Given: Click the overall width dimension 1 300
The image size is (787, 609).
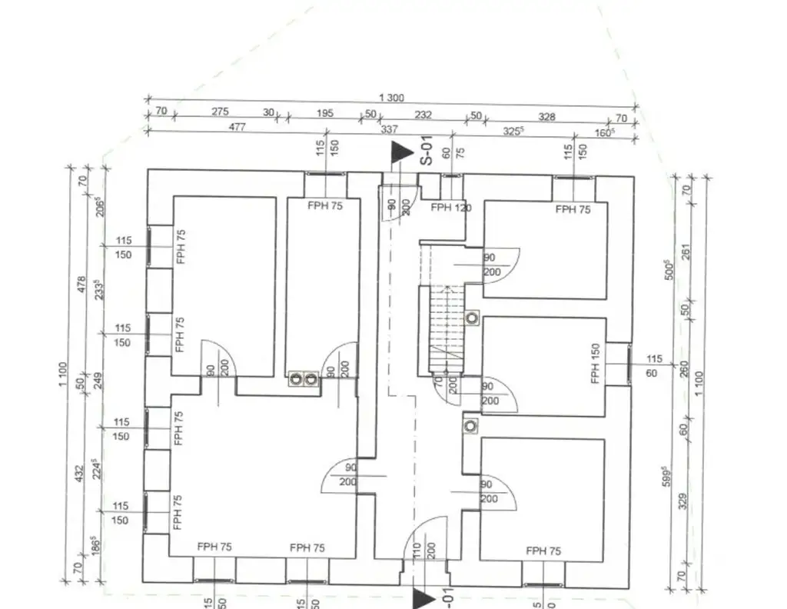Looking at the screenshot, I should [x=391, y=98].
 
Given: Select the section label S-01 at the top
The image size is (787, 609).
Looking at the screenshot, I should [x=424, y=151].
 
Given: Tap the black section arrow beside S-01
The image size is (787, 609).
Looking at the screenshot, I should [x=398, y=152].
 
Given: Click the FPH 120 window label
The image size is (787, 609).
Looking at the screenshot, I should [x=451, y=208].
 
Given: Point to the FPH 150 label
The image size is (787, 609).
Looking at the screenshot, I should [x=595, y=364].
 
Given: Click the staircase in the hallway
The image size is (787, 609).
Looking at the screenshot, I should [x=445, y=326].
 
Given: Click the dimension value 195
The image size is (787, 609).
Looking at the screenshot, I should [x=325, y=114].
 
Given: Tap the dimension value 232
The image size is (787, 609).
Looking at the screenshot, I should [x=423, y=115].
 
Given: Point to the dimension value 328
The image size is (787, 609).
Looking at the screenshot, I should [x=546, y=117].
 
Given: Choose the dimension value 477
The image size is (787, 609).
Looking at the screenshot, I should [x=237, y=128].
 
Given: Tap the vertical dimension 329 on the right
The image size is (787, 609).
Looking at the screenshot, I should [x=683, y=501].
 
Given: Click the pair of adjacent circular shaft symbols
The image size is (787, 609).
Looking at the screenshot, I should [x=303, y=378].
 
